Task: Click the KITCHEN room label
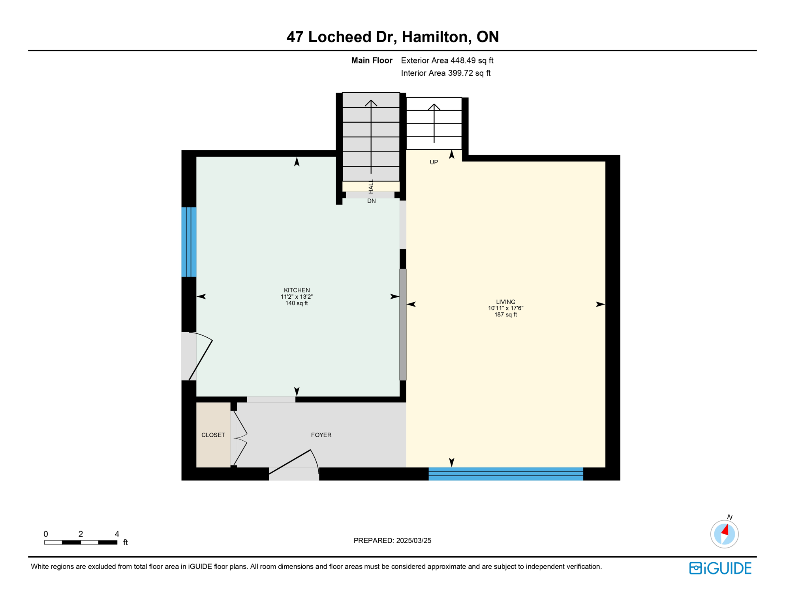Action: [x=297, y=290]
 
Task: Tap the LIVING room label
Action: [x=505, y=302]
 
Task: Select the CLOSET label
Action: [x=213, y=435]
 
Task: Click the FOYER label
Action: [x=321, y=435]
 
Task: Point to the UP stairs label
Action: [x=434, y=162]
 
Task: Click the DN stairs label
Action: [x=371, y=201]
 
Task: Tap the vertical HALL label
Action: [x=371, y=187]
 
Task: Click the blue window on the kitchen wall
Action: [x=189, y=242]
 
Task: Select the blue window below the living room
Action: [x=505, y=473]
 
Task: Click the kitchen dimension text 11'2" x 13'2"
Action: [x=297, y=297]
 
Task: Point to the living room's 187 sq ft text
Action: [x=505, y=314]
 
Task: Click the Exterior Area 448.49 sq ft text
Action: [x=447, y=60]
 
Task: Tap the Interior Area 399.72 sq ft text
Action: [x=445, y=73]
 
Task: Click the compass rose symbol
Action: [x=724, y=534]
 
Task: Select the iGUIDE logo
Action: [x=720, y=568]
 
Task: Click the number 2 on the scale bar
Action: [x=81, y=534]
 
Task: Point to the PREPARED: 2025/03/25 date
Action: [x=392, y=541]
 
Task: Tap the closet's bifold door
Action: [x=240, y=438]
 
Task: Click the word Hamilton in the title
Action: [x=434, y=37]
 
